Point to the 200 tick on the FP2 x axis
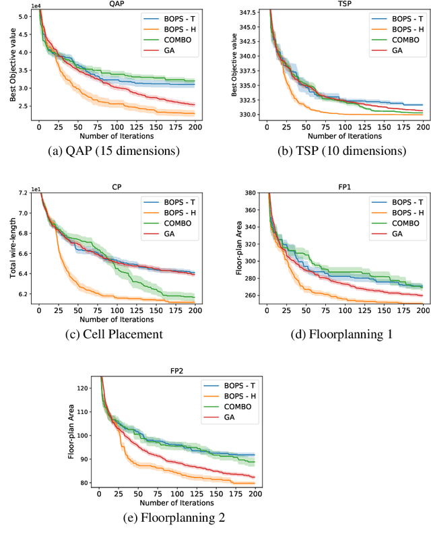[255, 494]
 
